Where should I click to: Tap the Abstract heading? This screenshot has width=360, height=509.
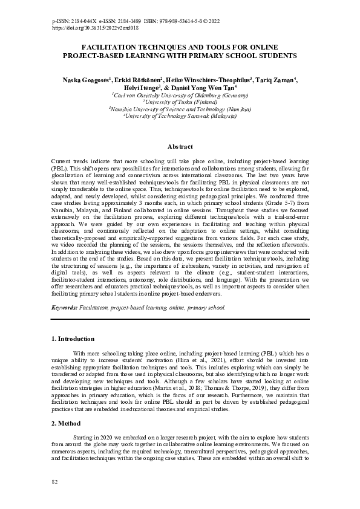click(180, 147)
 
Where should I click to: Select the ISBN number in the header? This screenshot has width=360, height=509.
click(175, 21)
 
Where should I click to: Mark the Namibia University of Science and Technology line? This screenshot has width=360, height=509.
click(181, 109)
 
